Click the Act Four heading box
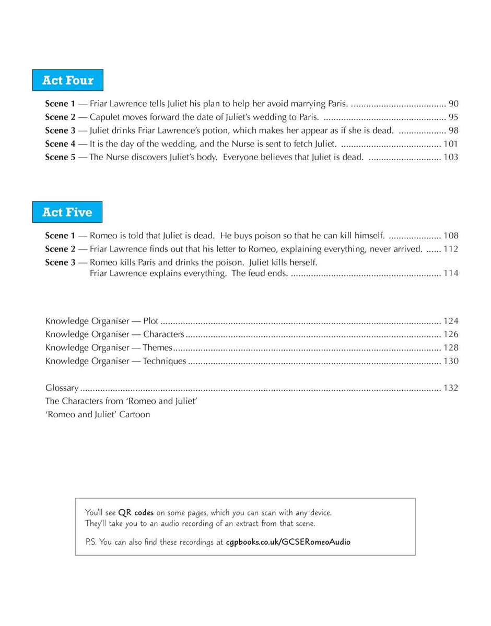(67, 80)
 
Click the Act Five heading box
(67, 212)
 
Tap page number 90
(453, 104)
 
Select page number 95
(453, 117)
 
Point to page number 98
(453, 130)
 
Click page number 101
(451, 144)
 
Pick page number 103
(451, 157)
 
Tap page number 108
(451, 236)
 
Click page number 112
(451, 249)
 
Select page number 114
(451, 273)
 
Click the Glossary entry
(62, 388)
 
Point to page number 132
(451, 388)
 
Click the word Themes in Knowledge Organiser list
(157, 347)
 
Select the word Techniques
(165, 361)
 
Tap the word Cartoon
(134, 415)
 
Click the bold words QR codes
(136, 513)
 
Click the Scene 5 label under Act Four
(60, 157)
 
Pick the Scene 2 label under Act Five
(60, 249)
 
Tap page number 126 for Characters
(451, 334)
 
